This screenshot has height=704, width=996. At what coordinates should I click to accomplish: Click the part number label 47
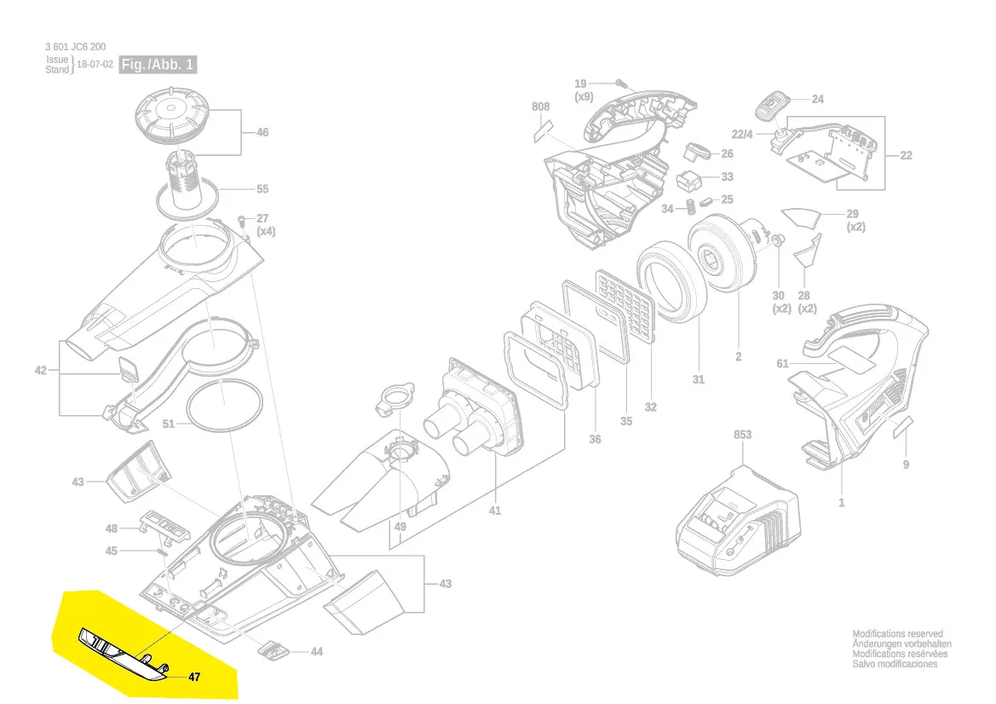tap(194, 677)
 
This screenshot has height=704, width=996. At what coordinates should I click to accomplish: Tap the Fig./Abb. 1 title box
tap(158, 64)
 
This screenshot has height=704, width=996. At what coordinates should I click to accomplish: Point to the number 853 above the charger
tap(743, 435)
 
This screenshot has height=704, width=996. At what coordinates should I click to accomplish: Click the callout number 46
tap(262, 132)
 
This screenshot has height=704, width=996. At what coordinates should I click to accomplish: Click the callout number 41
tap(495, 511)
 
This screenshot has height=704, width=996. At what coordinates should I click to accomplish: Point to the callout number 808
tap(540, 107)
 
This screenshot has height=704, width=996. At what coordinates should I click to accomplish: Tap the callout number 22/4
tap(742, 134)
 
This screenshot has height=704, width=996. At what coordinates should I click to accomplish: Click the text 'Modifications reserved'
tap(897, 633)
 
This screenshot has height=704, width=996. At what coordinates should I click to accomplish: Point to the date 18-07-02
tap(95, 64)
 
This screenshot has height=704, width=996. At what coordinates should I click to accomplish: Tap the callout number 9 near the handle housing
tap(906, 465)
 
